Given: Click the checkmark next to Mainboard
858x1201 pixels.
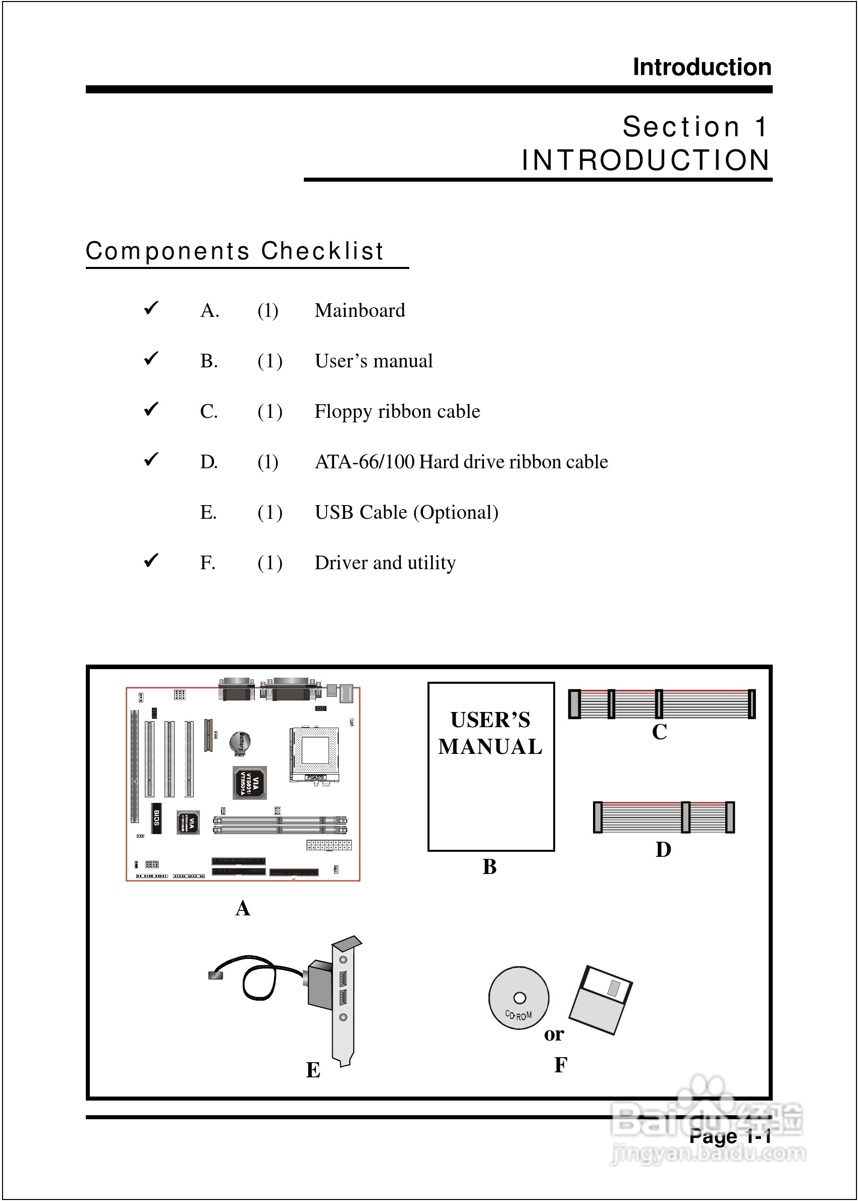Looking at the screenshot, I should pyautogui.click(x=151, y=308).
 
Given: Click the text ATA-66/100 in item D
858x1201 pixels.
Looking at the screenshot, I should pyautogui.click(x=364, y=462).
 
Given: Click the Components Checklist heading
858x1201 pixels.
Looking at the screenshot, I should pyautogui.click(x=235, y=251).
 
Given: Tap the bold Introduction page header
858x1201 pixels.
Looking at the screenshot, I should pyautogui.click(x=702, y=67).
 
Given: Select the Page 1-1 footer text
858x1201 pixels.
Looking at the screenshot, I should pyautogui.click(x=730, y=1135).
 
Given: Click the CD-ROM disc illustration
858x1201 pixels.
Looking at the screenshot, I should pyautogui.click(x=518, y=998).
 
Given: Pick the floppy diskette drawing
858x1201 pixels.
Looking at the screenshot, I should pyautogui.click(x=601, y=1000).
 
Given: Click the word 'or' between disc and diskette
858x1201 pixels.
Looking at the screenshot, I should pyautogui.click(x=554, y=1034).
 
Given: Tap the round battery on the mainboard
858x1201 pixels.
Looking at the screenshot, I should pyautogui.click(x=240, y=742).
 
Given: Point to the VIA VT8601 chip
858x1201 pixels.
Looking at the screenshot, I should pyautogui.click(x=249, y=783).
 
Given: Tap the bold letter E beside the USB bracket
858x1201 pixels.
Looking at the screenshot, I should pyautogui.click(x=313, y=1070).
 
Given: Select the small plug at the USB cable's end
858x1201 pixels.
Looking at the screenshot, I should pyautogui.click(x=216, y=975).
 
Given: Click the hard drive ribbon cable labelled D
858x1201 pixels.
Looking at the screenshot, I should pyautogui.click(x=664, y=817).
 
